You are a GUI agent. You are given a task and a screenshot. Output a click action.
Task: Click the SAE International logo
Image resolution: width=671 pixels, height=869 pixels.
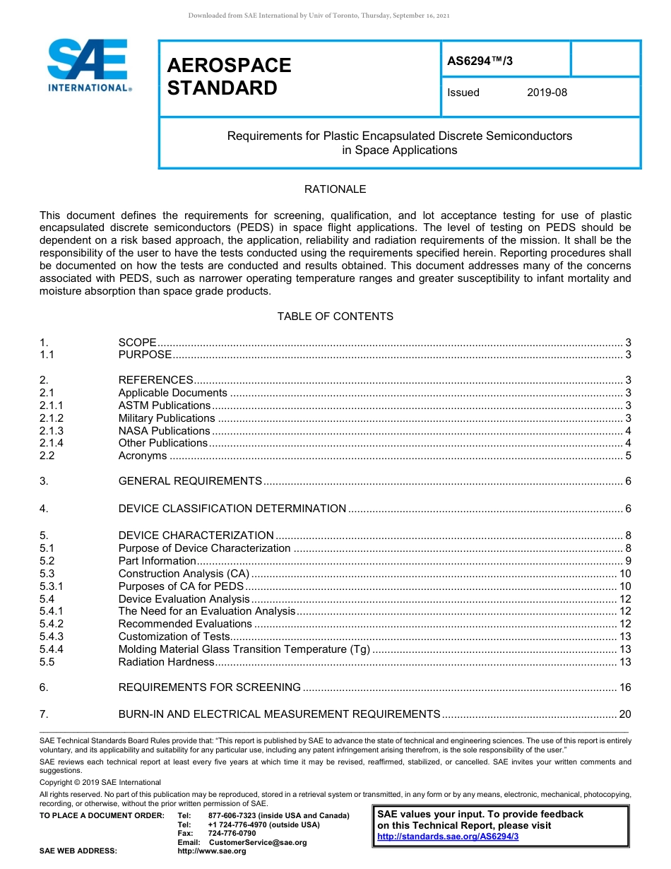coord(88,66)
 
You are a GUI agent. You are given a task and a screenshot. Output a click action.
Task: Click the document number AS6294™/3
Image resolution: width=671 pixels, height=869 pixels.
coord(480,61)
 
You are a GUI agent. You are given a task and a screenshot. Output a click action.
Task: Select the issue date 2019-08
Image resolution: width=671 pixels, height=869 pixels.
coord(547,93)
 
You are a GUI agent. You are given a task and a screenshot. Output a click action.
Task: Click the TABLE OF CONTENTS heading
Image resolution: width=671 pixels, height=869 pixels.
coord(335,317)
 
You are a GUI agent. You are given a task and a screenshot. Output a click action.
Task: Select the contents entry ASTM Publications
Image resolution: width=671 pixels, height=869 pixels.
coord(164,406)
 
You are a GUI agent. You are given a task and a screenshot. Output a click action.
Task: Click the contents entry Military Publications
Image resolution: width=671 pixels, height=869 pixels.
coord(167,418)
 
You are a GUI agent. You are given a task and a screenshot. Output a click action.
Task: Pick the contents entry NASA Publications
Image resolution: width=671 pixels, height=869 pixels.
coord(164,431)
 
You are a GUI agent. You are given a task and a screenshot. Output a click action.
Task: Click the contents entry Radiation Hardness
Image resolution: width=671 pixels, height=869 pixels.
coord(166,662)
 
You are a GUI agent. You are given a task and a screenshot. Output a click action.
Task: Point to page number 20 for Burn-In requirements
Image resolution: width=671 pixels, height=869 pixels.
coord(624,714)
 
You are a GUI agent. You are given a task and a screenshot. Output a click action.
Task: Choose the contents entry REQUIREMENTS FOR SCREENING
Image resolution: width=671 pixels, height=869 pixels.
coord(209,687)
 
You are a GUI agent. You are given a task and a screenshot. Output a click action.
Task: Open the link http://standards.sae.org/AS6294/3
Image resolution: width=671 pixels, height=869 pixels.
coord(448,837)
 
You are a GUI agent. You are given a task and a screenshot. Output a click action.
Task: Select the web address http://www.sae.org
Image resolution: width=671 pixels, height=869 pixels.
coord(211,851)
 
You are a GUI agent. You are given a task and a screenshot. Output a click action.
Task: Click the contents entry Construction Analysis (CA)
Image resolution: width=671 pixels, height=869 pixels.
coord(184,574)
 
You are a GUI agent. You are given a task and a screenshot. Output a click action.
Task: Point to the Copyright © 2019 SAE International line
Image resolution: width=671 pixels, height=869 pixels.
coord(100,782)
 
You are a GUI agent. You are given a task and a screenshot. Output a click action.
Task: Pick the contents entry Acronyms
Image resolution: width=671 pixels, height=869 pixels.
coord(143,456)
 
